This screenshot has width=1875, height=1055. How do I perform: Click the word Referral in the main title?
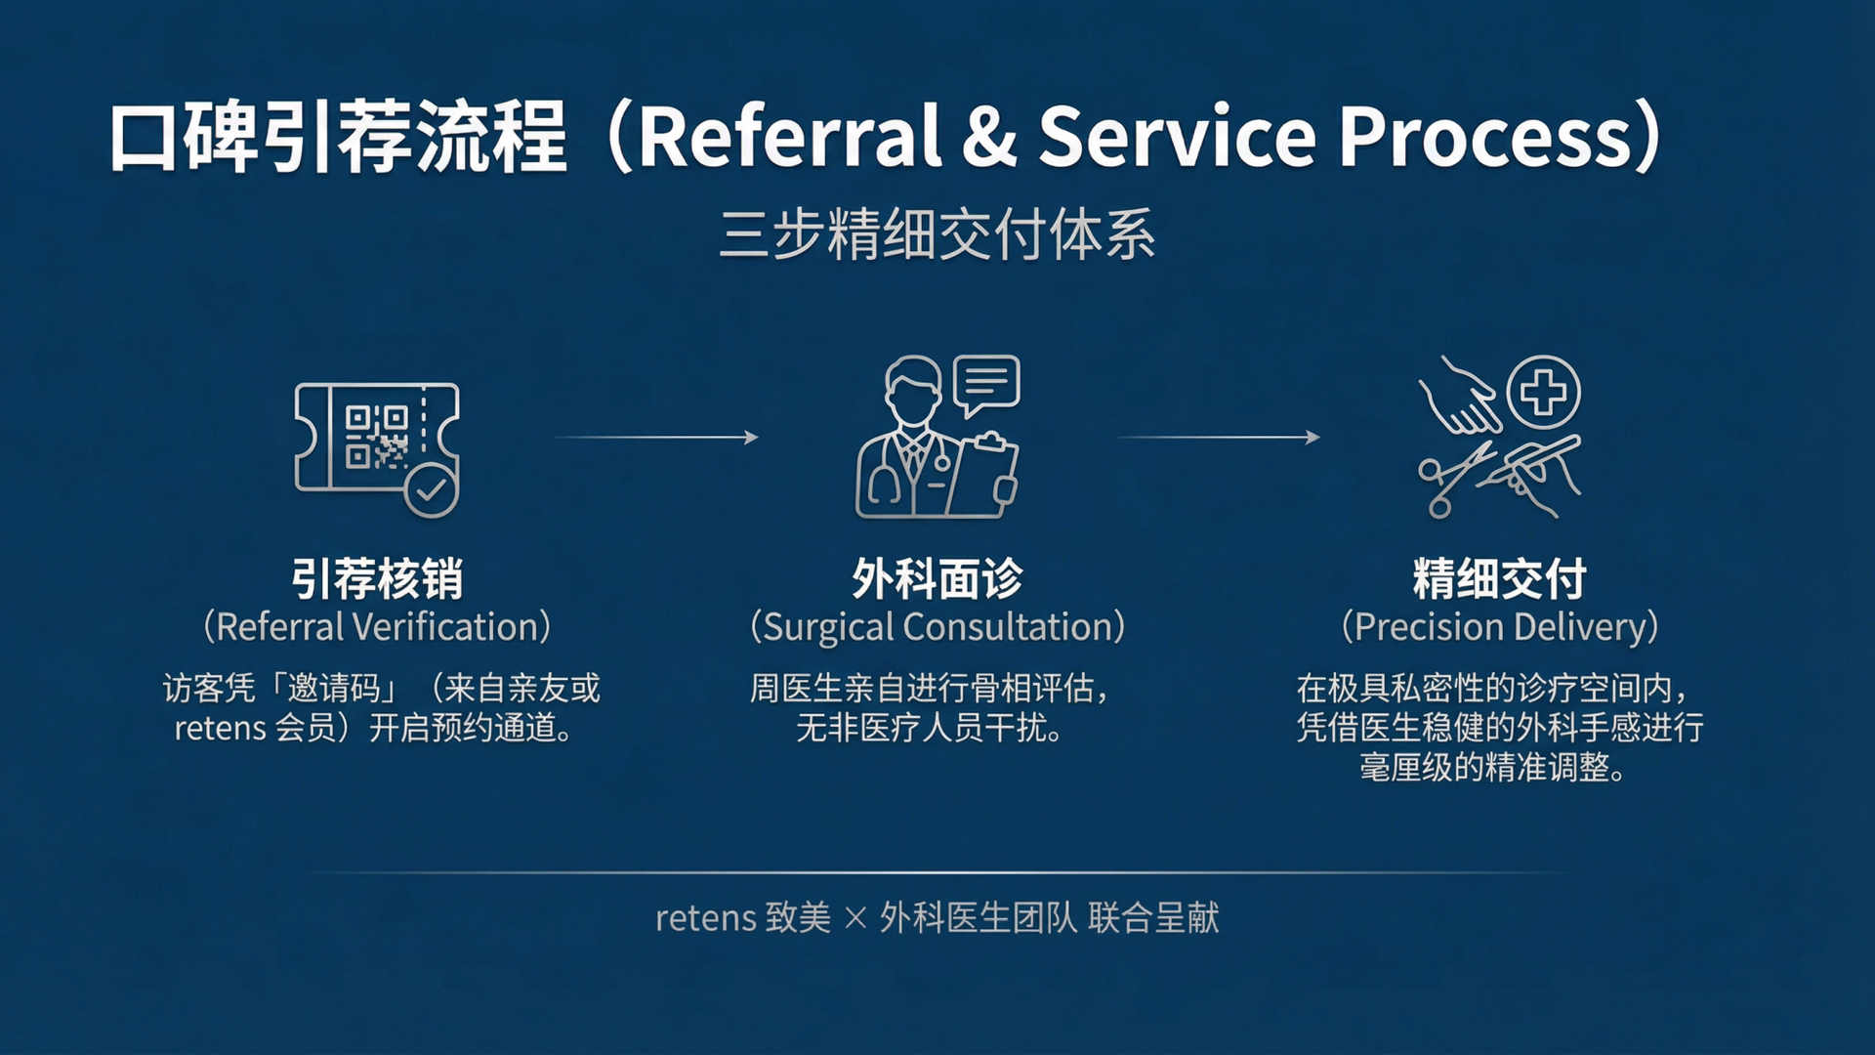tap(790, 136)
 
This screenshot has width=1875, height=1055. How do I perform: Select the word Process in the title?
tap(1484, 136)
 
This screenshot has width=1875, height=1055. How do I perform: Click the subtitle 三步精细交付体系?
tap(937, 234)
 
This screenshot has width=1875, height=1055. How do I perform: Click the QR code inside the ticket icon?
tap(376, 437)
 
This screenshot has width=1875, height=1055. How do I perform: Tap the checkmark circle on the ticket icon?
tap(431, 490)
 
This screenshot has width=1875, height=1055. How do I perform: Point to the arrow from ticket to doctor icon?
tap(657, 438)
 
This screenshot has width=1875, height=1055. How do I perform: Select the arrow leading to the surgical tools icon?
tap(1219, 438)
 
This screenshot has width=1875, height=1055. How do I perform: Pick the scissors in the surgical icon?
tap(1453, 479)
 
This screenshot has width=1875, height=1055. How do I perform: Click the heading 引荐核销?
tap(377, 578)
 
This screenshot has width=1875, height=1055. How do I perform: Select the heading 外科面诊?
tap(937, 578)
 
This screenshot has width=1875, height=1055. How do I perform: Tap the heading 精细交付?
tap(1500, 578)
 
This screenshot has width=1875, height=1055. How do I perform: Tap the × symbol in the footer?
tap(855, 918)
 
